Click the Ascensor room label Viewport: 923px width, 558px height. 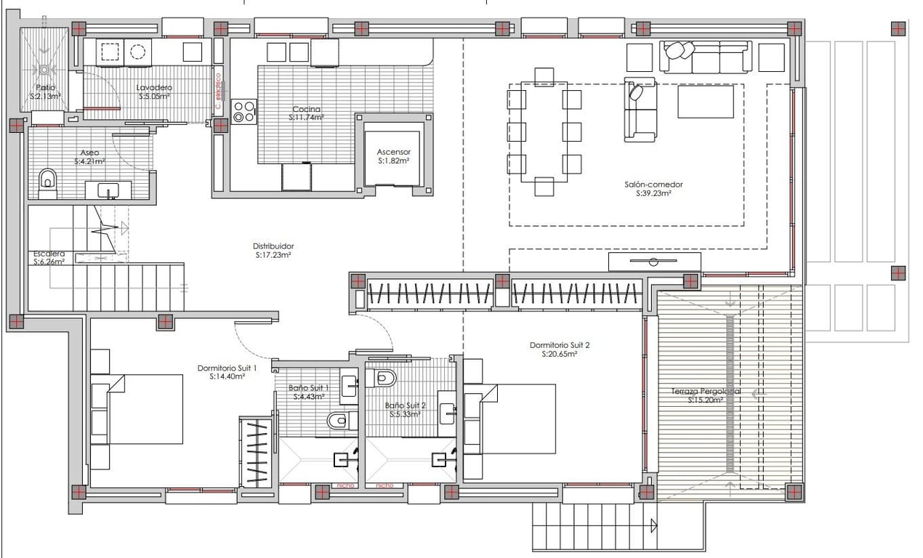click(393, 152)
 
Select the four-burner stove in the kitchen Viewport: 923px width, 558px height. click(244, 111)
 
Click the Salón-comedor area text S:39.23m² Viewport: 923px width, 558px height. click(653, 194)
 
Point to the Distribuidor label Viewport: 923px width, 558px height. click(273, 246)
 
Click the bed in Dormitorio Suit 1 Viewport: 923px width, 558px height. click(145, 408)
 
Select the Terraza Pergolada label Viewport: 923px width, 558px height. click(706, 392)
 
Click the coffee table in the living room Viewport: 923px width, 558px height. click(706, 102)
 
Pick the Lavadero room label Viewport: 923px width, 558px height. click(154, 88)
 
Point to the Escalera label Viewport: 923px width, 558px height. click(49, 254)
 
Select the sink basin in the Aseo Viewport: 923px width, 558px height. click(108, 190)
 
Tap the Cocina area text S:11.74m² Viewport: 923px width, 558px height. click(306, 117)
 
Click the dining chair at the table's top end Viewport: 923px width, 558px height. click(544, 77)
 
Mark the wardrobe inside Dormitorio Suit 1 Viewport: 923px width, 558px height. click(257, 452)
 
